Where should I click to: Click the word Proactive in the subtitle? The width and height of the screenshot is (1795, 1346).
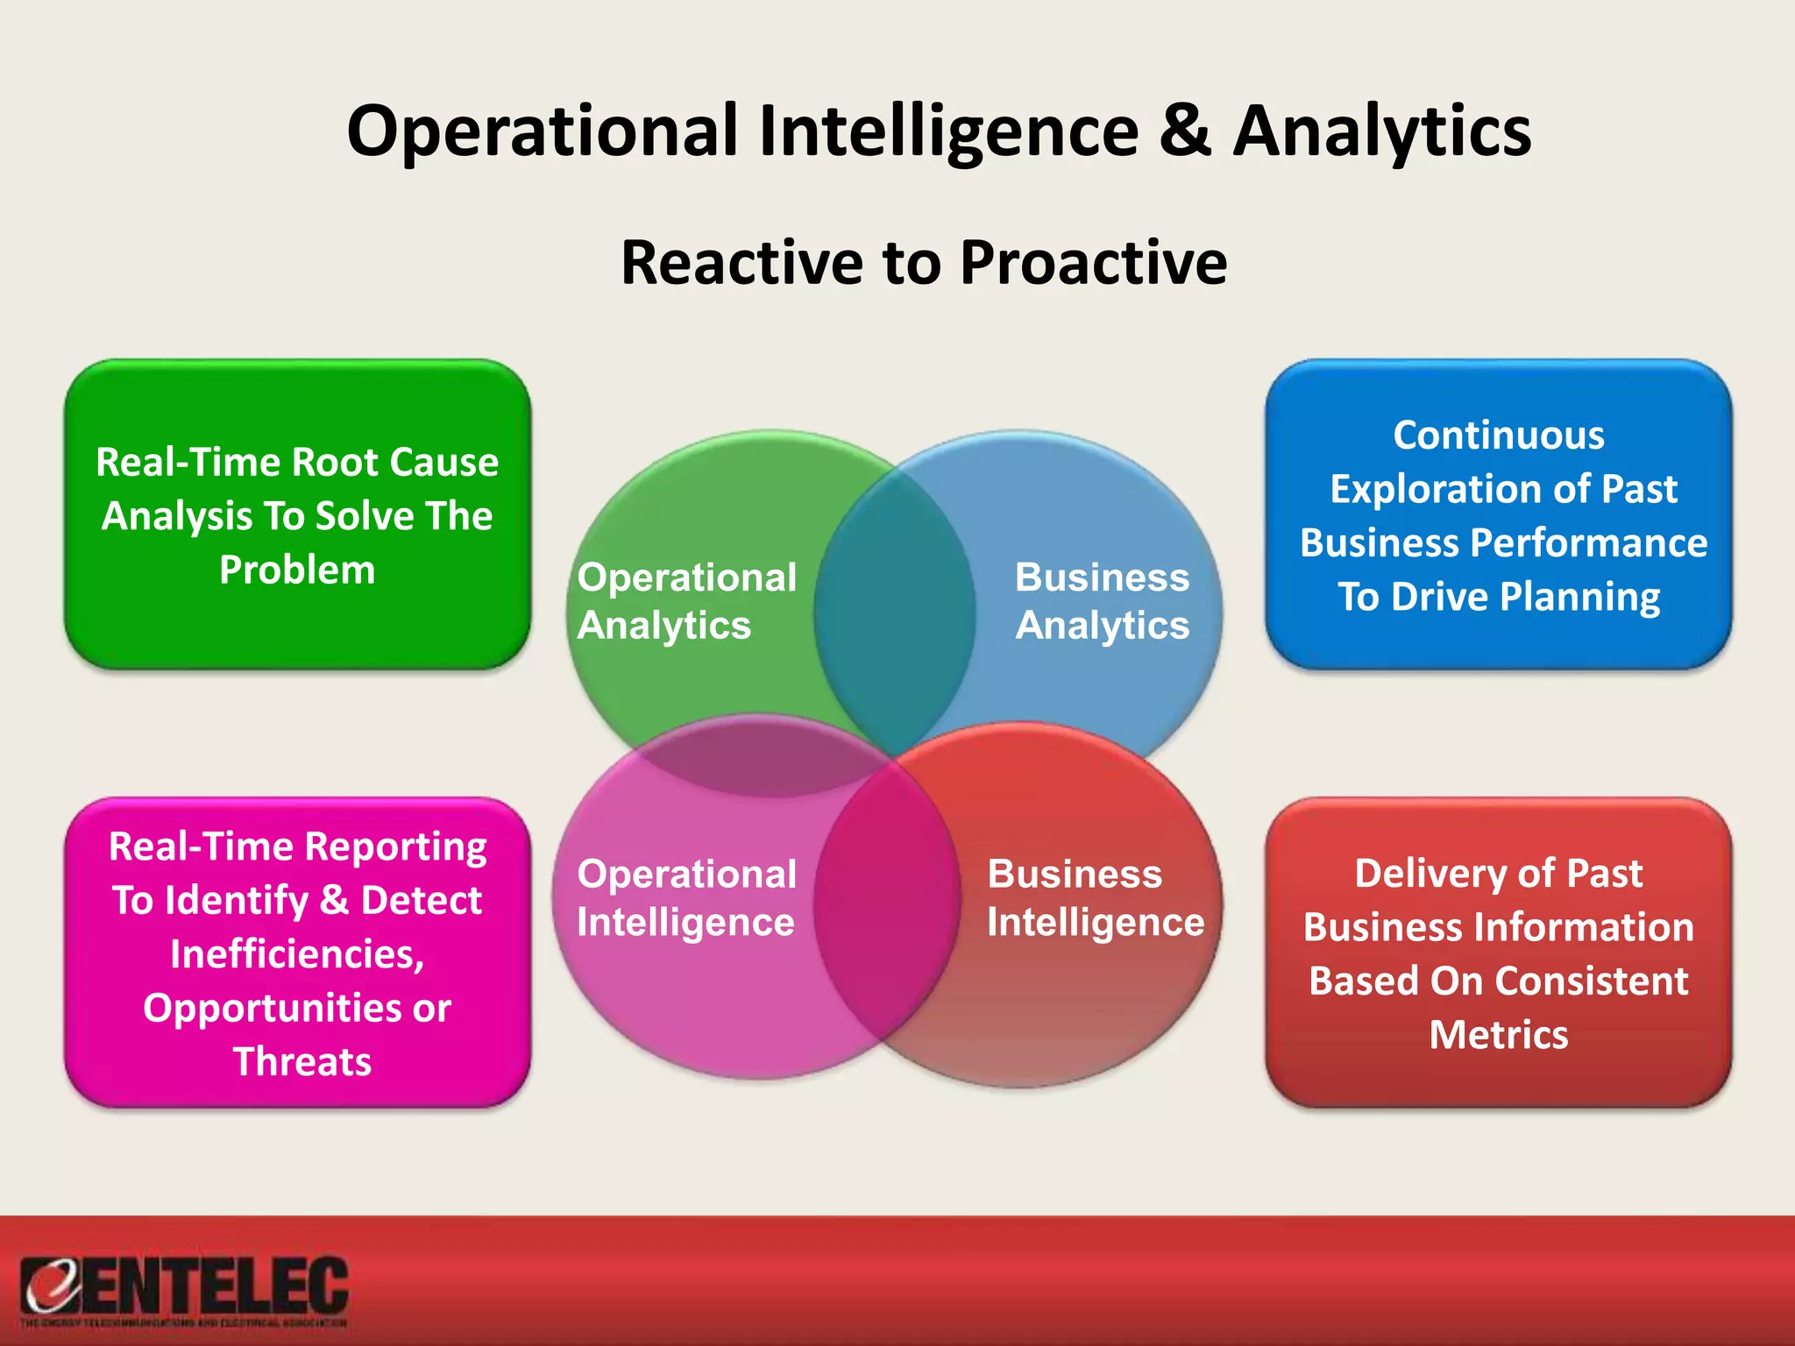click(1093, 262)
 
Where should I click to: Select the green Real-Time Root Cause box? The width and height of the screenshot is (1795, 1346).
click(297, 515)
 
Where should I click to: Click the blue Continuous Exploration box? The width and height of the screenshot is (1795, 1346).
click(1499, 515)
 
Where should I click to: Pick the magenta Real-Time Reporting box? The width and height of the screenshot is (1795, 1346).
click(297, 953)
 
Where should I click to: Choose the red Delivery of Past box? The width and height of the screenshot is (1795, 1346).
click(1499, 953)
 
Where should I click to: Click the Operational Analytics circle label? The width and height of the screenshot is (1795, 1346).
click(686, 601)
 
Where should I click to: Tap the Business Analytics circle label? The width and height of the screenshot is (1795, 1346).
click(1102, 601)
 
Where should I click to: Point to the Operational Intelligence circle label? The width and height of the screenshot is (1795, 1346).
click(686, 897)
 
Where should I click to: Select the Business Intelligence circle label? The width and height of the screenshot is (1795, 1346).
click(1096, 897)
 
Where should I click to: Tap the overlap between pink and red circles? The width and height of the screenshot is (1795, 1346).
click(887, 903)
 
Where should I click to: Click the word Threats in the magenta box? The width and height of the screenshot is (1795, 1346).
click(302, 1061)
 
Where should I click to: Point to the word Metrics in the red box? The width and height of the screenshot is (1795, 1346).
click(1499, 1035)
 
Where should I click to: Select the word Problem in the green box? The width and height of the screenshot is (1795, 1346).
click(297, 570)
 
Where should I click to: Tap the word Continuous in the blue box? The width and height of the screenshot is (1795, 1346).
click(1499, 436)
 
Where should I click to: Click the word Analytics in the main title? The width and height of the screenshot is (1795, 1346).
click(1382, 131)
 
